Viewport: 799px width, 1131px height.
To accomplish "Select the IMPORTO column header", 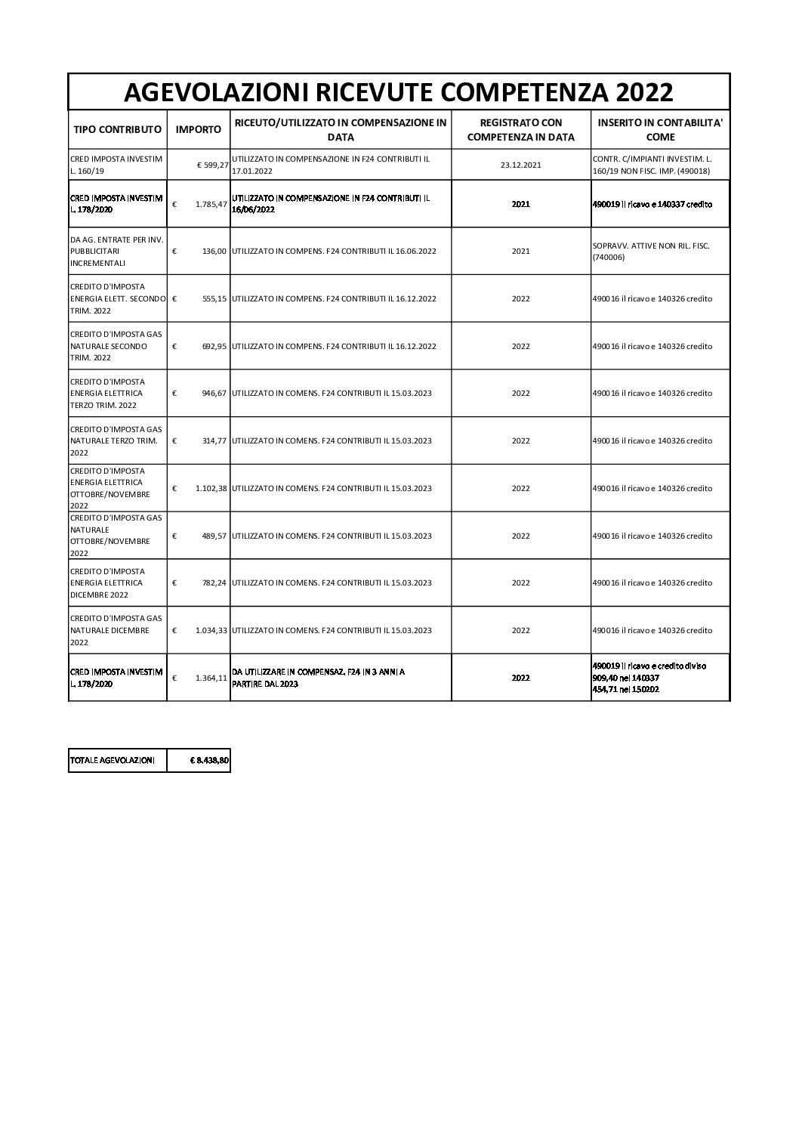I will tap(199, 129).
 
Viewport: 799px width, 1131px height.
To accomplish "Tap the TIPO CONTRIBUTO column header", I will tap(117, 129).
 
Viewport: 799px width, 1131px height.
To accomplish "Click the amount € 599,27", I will tap(211, 165).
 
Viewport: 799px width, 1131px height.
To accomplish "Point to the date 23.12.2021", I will tap(520, 165).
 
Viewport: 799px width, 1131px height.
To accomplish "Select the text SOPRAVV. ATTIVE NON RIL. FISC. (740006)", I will tap(650, 251).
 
